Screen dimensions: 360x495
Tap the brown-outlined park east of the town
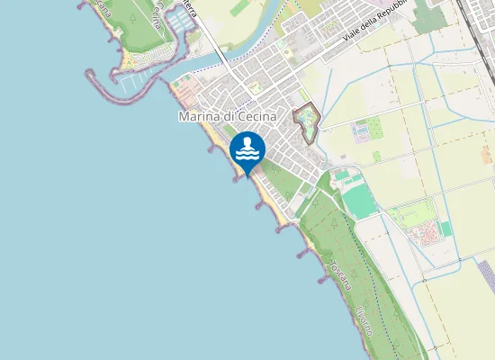coord(307,121)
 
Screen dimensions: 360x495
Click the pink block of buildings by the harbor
coord(184,89)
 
